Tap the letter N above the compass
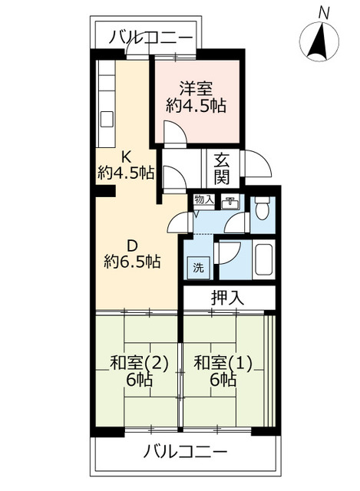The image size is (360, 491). click(324, 13)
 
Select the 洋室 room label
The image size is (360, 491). click(196, 89)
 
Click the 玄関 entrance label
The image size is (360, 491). click(222, 169)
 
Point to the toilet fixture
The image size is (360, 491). click(262, 208)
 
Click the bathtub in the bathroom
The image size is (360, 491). click(264, 259)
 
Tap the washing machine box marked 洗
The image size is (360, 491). click(198, 268)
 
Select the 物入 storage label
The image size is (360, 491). click(204, 199)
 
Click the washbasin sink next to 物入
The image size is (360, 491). click(230, 203)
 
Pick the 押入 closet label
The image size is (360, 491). click(227, 298)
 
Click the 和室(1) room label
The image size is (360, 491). click(223, 364)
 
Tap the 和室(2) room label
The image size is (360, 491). click(140, 364)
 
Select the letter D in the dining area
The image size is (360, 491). click(132, 246)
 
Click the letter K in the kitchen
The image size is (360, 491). click(126, 157)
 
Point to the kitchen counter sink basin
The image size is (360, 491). click(107, 120)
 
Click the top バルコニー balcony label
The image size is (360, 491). click(150, 38)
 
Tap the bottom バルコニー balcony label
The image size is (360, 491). click(185, 452)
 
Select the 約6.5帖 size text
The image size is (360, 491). click(132, 262)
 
